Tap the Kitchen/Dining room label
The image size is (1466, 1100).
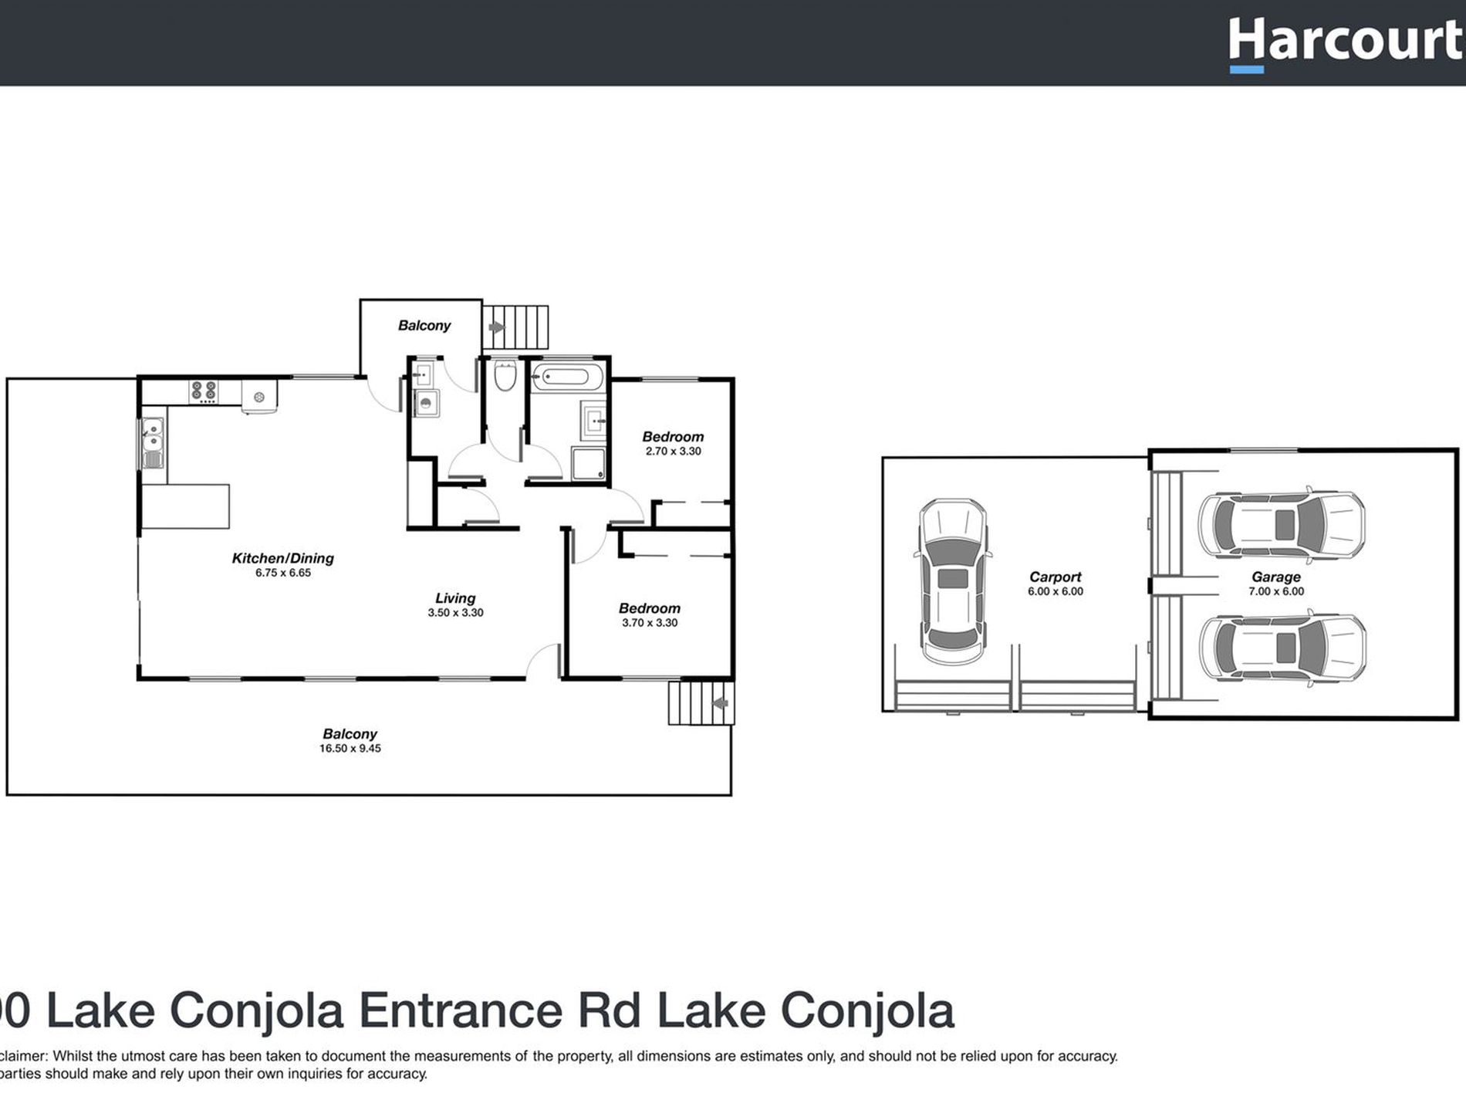click(282, 557)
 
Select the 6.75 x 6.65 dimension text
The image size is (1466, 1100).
click(282, 573)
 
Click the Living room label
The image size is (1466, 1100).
click(454, 597)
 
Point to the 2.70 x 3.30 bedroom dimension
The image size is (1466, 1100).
click(673, 452)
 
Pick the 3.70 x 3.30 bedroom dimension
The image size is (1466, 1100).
click(650, 623)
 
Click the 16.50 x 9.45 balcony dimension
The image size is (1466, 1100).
click(350, 748)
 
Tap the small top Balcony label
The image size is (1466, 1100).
click(424, 325)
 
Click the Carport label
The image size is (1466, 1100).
click(1055, 577)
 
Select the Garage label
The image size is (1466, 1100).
click(1275, 577)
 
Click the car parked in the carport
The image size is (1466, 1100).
click(952, 580)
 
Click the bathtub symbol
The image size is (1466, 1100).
click(567, 377)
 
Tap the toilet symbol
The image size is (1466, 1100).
click(505, 376)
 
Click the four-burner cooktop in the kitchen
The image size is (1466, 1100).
click(204, 391)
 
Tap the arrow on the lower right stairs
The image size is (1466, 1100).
click(721, 703)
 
